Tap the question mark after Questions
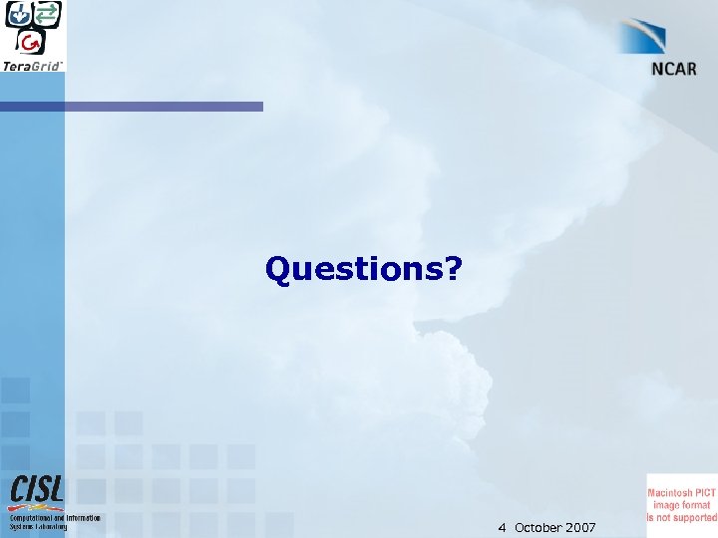click(x=453, y=268)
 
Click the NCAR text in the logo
click(x=673, y=69)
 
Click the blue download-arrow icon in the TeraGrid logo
click(x=19, y=15)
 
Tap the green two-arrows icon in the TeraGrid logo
click(x=47, y=14)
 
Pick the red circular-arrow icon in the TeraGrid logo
click(x=32, y=41)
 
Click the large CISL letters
click(x=37, y=488)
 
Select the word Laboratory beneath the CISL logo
click(x=51, y=527)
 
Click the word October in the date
click(x=539, y=527)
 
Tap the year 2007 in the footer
click(x=581, y=527)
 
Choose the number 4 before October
click(x=503, y=527)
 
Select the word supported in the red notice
click(x=695, y=517)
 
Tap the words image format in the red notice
click(x=682, y=505)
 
